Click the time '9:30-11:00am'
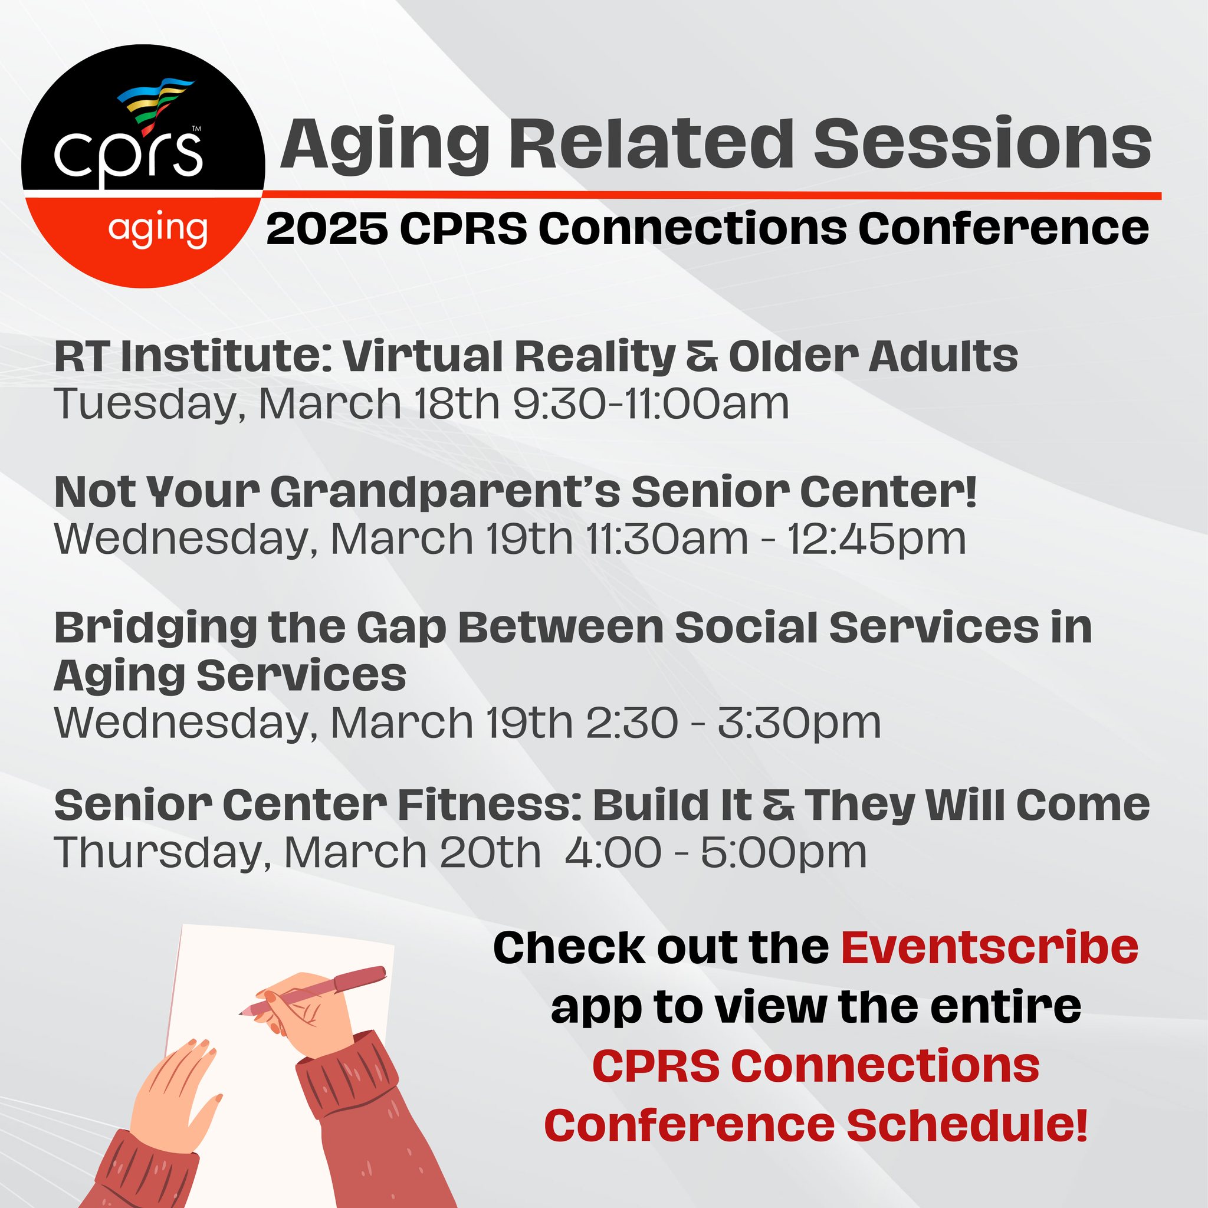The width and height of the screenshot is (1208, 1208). [x=650, y=403]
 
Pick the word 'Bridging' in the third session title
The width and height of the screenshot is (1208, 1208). [x=156, y=628]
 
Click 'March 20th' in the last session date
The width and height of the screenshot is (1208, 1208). [x=413, y=852]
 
